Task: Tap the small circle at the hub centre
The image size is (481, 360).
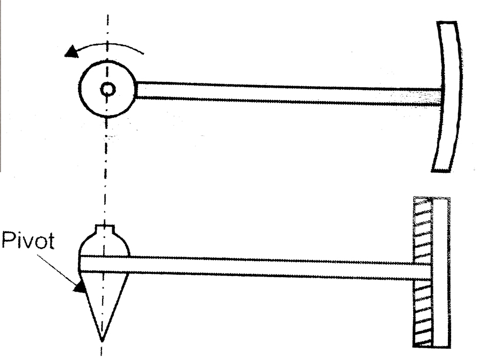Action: pyautogui.click(x=107, y=89)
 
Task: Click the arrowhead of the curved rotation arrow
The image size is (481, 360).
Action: pyautogui.click(x=69, y=52)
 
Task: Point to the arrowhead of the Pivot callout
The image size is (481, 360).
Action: pyautogui.click(x=80, y=288)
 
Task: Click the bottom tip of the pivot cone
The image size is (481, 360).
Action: pyautogui.click(x=102, y=340)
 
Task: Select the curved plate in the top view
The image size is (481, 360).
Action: pyautogui.click(x=448, y=96)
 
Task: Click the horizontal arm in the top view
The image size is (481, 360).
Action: pyautogui.click(x=289, y=93)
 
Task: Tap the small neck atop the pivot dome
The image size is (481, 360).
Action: pyautogui.click(x=105, y=231)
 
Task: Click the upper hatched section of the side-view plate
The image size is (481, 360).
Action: pyautogui.click(x=423, y=230)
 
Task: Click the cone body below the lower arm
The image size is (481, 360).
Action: pyautogui.click(x=102, y=300)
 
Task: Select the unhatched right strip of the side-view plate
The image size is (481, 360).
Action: pyautogui.click(x=440, y=273)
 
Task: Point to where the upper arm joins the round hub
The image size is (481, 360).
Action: pyautogui.click(x=137, y=90)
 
